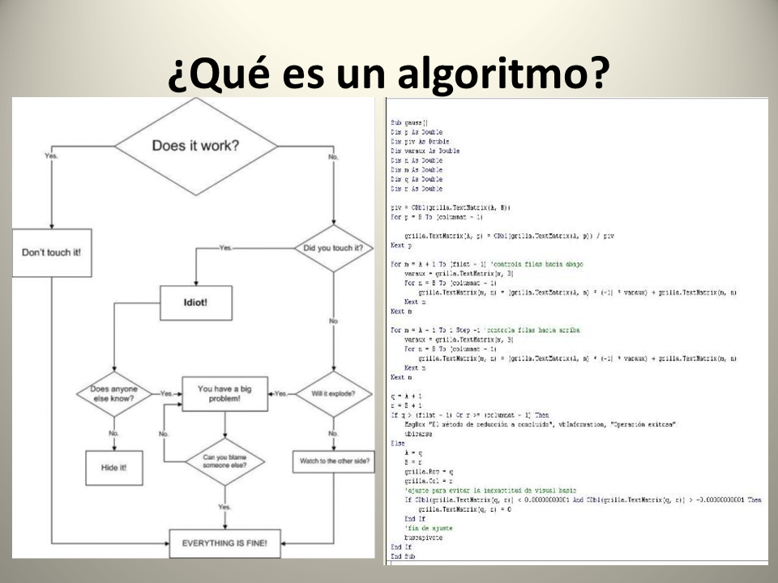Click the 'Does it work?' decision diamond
pyautogui.click(x=195, y=147)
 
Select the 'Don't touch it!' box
pyautogui.click(x=51, y=251)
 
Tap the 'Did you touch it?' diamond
pyautogui.click(x=333, y=247)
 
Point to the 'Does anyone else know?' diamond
pyautogui.click(x=113, y=394)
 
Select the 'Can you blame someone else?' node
pyautogui.click(x=225, y=462)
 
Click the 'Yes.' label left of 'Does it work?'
pyautogui.click(x=51, y=156)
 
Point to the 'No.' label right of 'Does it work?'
pyautogui.click(x=333, y=156)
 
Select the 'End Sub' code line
pyautogui.click(x=403, y=557)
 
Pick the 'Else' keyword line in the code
pyautogui.click(x=397, y=443)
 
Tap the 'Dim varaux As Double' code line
pyautogui.click(x=425, y=151)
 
